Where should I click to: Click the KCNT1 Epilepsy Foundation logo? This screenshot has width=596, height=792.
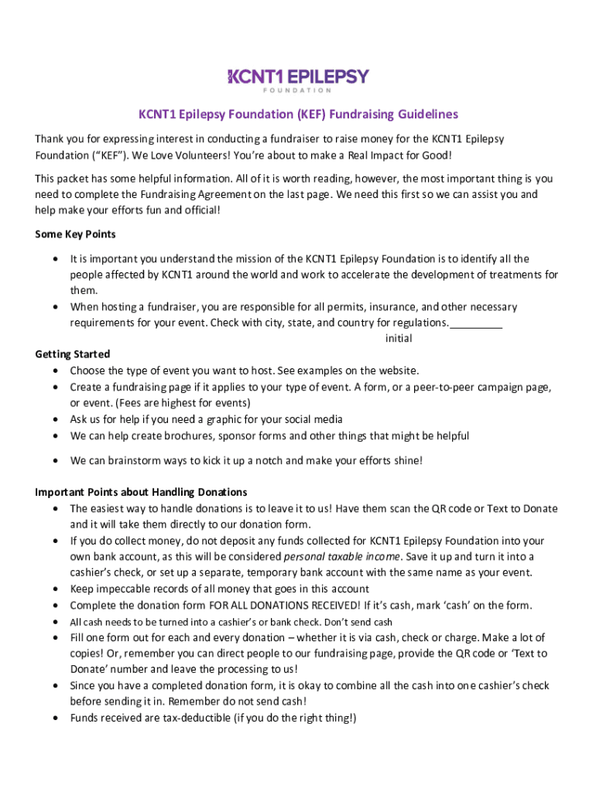pos(298,80)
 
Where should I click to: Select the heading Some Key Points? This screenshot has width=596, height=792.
pos(76,234)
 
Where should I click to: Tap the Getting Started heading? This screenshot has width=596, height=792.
pos(73,354)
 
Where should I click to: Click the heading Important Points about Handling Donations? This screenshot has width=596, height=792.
pos(141,492)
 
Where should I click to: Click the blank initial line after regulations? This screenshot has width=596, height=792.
pos(476,323)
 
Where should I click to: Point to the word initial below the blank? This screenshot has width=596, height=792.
pos(399,339)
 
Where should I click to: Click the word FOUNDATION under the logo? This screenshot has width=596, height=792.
pos(298,90)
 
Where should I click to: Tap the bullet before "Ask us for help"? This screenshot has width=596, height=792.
pos(55,420)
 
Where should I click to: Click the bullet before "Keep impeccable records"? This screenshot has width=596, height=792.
pos(55,589)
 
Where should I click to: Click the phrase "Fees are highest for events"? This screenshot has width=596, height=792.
pos(183,403)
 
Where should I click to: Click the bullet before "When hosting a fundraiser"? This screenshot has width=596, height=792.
pos(55,307)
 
